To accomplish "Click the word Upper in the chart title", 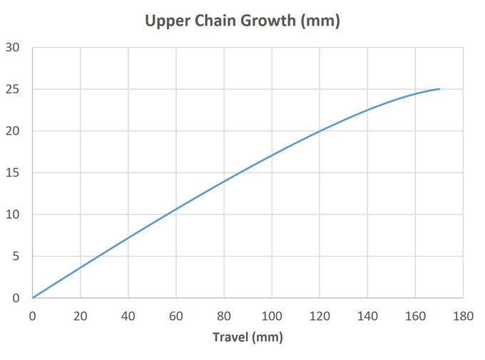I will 165,21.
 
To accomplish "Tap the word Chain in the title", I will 210,21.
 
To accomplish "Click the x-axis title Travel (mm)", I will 247,336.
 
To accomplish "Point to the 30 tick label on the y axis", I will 13,48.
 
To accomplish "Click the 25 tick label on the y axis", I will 13,90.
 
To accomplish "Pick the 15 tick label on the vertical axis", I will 13,173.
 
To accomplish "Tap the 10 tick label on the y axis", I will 13,215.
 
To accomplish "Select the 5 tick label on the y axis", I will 16,257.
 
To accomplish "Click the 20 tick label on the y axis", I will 13,131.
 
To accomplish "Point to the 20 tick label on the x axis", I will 81,314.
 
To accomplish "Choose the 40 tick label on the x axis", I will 128,314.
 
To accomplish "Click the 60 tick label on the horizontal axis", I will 176,314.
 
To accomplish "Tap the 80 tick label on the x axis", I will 224,314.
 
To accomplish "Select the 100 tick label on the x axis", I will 272,314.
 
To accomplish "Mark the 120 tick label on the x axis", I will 320,314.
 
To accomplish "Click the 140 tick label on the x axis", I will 367,314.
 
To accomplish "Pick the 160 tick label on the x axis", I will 415,314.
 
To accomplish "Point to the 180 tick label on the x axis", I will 463,314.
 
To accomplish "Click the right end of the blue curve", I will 439,89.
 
